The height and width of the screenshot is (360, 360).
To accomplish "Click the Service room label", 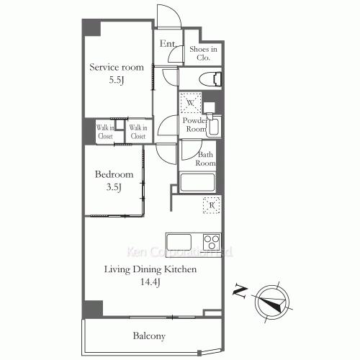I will (116, 67).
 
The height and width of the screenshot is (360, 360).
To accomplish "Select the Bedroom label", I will (114, 175).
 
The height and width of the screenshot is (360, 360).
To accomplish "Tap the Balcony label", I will (149, 336).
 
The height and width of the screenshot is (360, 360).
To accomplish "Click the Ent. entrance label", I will (168, 45).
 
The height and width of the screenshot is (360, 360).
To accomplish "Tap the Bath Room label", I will (206, 158).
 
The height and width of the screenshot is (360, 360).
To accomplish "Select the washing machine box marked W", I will (190, 103).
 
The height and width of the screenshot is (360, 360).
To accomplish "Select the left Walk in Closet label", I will (106, 132).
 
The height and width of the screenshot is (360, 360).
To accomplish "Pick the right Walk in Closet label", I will (138, 132).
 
